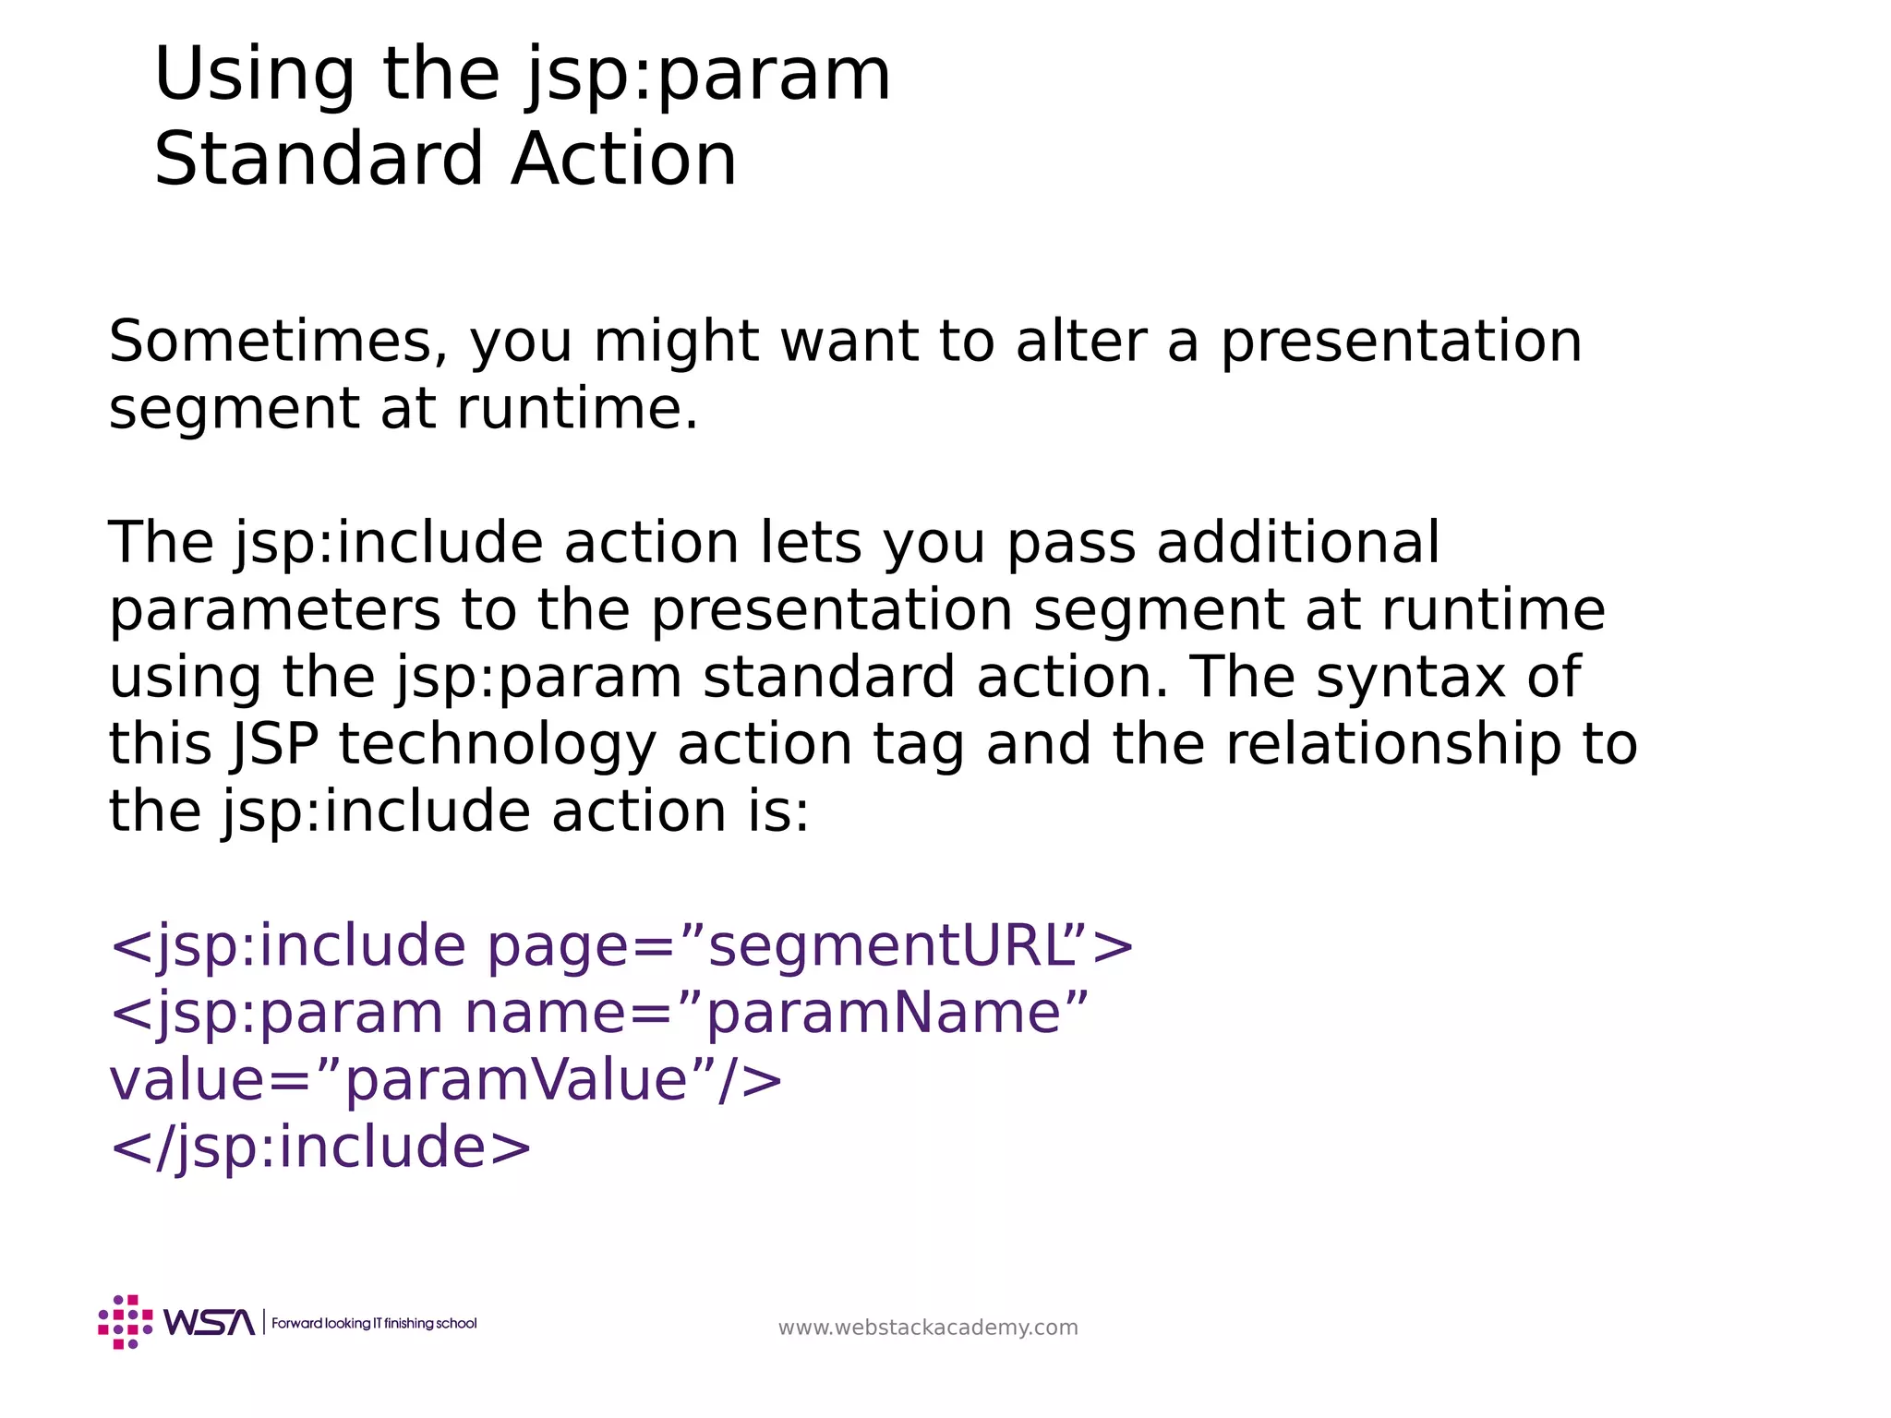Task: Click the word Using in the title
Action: tap(254, 76)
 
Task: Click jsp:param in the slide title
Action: tap(709, 76)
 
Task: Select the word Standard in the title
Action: tap(319, 160)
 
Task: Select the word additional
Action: tap(1297, 543)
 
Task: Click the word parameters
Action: tap(274, 611)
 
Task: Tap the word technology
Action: tap(497, 745)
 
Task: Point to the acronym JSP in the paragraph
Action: tap(274, 745)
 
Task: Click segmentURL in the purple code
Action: tap(891, 946)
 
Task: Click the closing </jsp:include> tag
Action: tap(320, 1148)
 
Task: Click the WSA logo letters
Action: tap(209, 1323)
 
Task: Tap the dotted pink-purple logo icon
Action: tap(126, 1322)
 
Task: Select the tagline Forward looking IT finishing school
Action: tap(374, 1324)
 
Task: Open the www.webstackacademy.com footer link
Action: tap(928, 1328)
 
